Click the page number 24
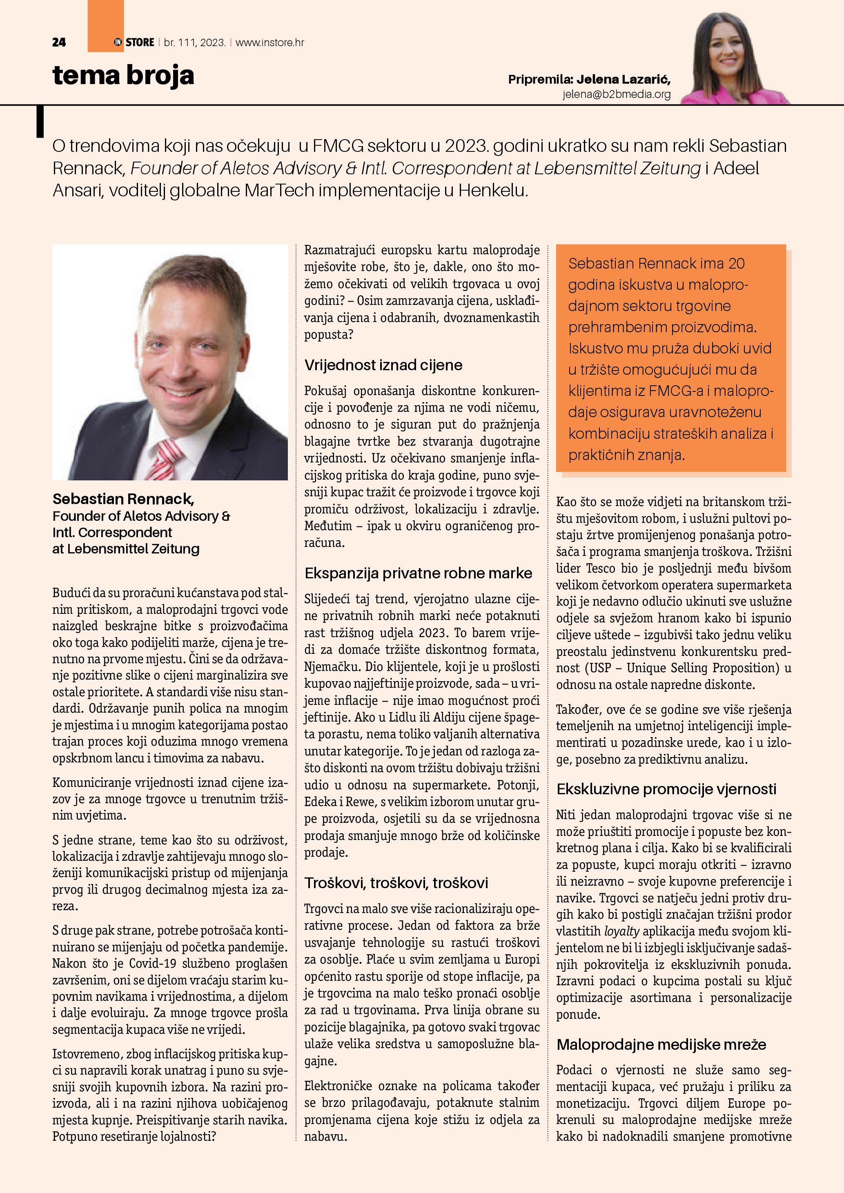pos(59,42)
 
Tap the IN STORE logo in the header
pos(134,42)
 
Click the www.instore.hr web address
pos(270,42)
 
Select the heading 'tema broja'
pos(123,76)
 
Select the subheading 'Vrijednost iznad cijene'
pos(383,365)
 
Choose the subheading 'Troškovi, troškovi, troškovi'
pos(396,883)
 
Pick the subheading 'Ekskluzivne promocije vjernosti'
pos(666,789)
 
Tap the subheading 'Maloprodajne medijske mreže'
pos(661,1044)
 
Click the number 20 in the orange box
pos(736,263)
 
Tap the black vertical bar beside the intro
pos(40,122)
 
